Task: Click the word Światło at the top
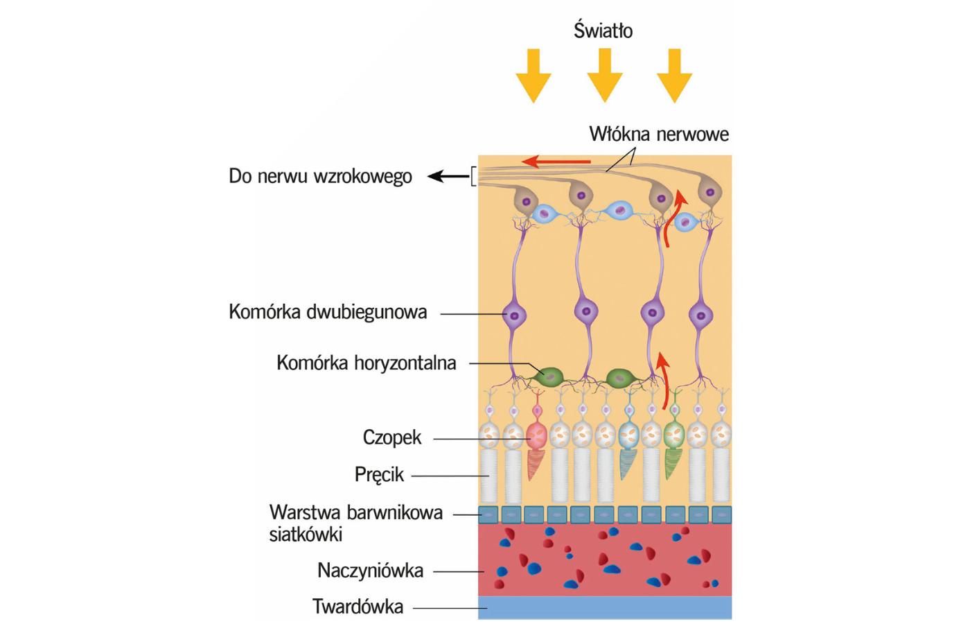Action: click(603, 31)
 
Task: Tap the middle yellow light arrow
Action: click(604, 75)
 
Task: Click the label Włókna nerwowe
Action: click(659, 133)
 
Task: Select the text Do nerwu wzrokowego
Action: click(320, 176)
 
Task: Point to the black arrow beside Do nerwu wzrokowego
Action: click(447, 177)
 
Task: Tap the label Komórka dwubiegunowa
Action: click(328, 312)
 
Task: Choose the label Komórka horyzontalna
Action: click(366, 363)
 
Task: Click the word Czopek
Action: click(391, 437)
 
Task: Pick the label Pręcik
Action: click(379, 475)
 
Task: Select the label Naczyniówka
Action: click(370, 571)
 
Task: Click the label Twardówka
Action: click(358, 607)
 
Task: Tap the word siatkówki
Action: click(306, 535)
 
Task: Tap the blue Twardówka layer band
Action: click(604, 607)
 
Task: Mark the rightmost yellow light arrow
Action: click(674, 75)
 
